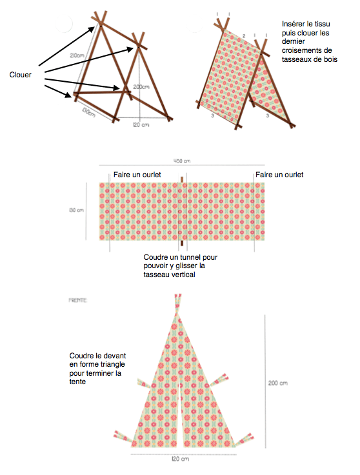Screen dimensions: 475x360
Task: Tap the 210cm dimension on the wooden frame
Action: (77, 55)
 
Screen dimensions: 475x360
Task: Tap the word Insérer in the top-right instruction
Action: (297, 24)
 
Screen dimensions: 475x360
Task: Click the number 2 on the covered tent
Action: (245, 36)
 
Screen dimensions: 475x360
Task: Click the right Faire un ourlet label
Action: (279, 175)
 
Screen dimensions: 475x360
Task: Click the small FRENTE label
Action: (78, 300)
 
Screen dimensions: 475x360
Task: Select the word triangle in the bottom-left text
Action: (112, 364)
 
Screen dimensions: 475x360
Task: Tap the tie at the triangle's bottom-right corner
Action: (245, 440)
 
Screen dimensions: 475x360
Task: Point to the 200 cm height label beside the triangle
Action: (277, 382)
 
